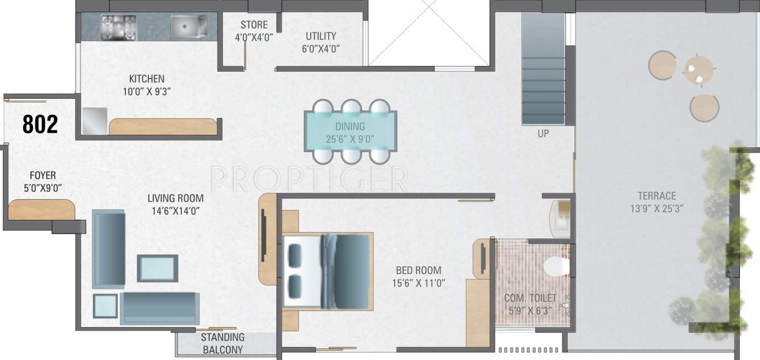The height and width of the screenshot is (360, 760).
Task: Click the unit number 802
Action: coord(40,124)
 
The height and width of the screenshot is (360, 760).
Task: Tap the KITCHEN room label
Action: coord(146,79)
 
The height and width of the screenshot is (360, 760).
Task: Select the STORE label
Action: coord(254,25)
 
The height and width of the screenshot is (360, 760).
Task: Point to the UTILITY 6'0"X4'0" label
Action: coord(321,42)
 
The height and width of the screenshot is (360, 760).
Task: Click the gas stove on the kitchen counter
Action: coord(118,27)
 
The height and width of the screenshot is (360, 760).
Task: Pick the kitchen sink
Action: coord(189,26)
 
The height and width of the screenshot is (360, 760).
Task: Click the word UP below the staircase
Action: coord(543,134)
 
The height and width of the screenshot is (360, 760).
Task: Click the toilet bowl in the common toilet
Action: coord(555,266)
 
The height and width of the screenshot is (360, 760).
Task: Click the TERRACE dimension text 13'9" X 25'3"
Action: coord(656,209)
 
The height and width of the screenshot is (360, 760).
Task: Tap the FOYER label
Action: coord(43,176)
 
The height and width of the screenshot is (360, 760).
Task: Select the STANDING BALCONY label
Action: coord(222,343)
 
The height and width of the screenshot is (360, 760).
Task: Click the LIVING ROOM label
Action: coord(175,198)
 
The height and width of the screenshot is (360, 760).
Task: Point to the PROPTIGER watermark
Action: coord(308,179)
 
